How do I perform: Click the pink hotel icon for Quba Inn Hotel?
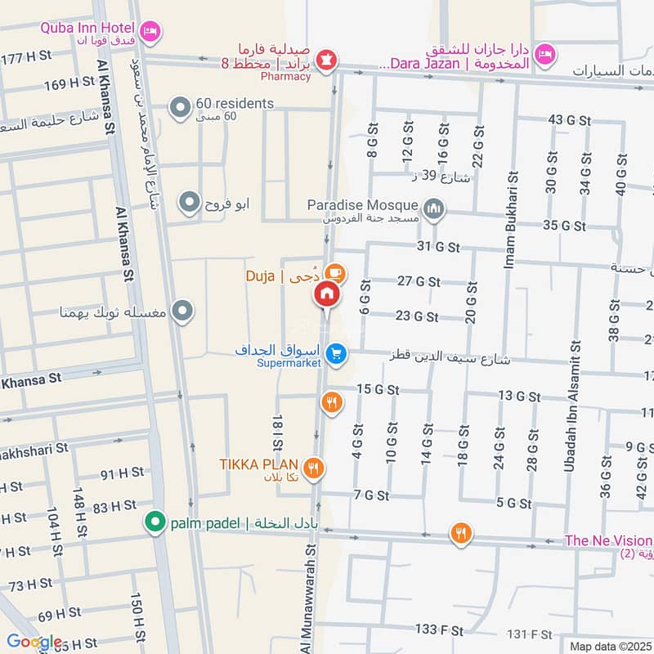[x=150, y=31]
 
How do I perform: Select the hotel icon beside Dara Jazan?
[x=543, y=55]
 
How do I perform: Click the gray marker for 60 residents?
[x=179, y=106]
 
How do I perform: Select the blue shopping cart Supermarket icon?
[x=334, y=354]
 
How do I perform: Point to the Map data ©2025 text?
[x=609, y=646]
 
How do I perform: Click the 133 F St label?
[x=439, y=629]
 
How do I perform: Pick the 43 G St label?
[x=569, y=120]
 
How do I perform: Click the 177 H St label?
[x=26, y=59]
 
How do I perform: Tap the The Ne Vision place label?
[x=608, y=541]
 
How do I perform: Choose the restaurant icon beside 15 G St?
[x=331, y=401]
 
